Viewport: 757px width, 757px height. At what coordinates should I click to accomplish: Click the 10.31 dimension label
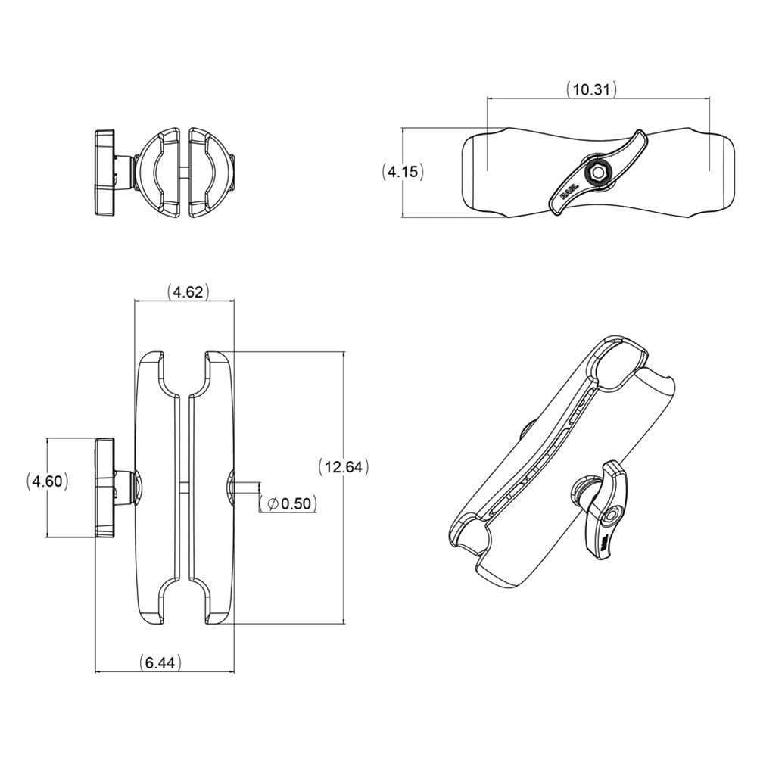click(x=592, y=89)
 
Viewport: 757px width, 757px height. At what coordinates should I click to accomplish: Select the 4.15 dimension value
click(x=402, y=172)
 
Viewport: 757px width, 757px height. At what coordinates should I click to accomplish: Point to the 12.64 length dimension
click(x=342, y=467)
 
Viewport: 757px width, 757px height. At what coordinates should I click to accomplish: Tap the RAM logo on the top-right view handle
click(x=570, y=193)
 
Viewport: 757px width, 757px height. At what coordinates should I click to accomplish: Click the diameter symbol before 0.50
click(x=273, y=503)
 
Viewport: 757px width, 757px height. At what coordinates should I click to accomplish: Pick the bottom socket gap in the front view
click(x=184, y=602)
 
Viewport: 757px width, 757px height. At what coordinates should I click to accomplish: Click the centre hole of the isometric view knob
click(x=610, y=516)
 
